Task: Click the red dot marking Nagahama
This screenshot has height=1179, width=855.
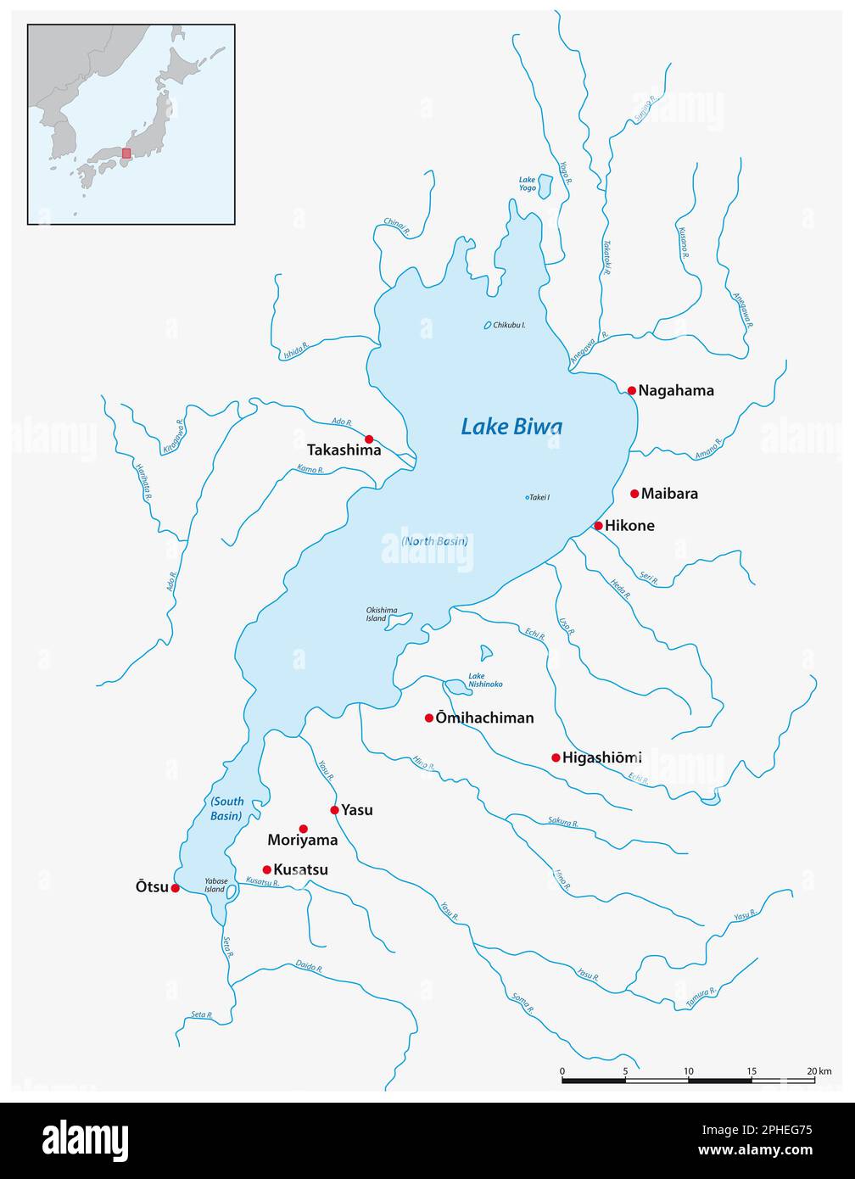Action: (632, 390)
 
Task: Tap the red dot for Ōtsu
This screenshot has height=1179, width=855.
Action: (175, 888)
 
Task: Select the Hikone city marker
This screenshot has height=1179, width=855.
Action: (598, 526)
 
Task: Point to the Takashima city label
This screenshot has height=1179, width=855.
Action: (344, 450)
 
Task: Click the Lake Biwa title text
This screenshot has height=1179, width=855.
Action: (511, 426)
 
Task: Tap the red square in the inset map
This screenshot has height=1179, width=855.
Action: (126, 154)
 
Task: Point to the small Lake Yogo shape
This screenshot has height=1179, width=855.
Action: (545, 187)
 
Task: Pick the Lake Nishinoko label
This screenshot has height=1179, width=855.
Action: (485, 680)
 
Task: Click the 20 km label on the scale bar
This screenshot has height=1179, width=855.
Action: (819, 1071)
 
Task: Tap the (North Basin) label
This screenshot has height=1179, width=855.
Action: (434, 540)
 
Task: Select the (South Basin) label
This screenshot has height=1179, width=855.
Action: (226, 808)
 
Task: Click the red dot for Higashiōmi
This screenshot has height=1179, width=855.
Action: (556, 757)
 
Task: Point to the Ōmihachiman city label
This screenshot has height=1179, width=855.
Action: (484, 718)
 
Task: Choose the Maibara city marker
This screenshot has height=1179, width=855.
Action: (634, 494)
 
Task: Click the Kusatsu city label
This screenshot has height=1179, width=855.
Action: (300, 869)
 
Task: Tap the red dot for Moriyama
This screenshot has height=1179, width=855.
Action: (304, 829)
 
